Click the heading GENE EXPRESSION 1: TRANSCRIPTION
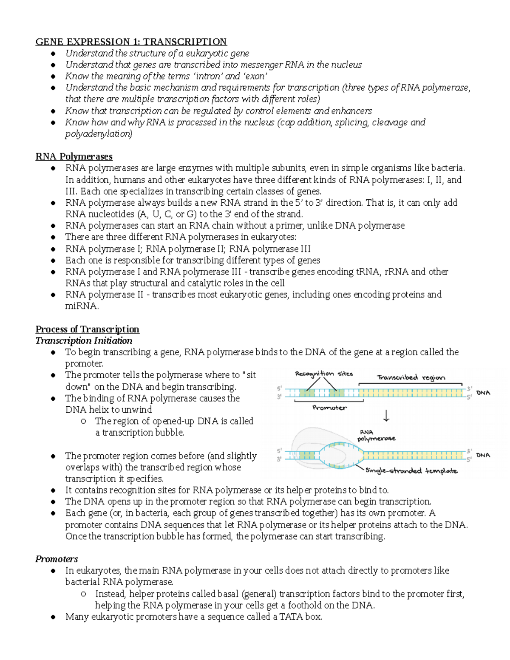(x=131, y=42)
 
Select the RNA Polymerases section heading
(x=74, y=156)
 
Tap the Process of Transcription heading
(x=87, y=329)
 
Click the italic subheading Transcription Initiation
(x=84, y=341)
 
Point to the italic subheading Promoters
(x=57, y=559)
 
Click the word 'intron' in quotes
(x=208, y=76)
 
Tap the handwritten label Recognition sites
(x=324, y=374)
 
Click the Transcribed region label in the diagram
(x=411, y=377)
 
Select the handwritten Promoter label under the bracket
(x=329, y=408)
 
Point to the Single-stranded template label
(x=411, y=471)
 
